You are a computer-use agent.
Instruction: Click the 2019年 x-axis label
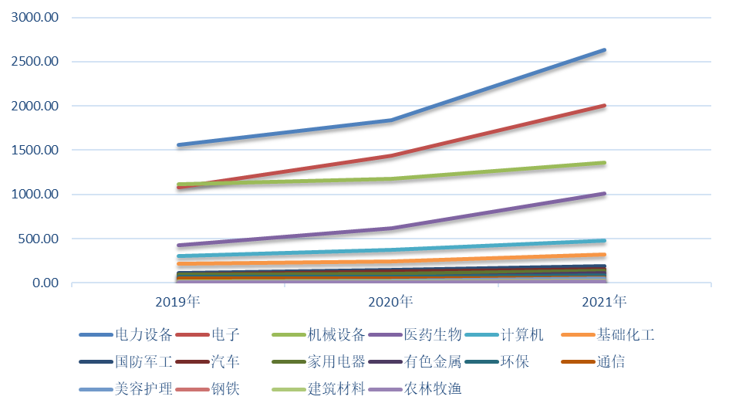coord(178,301)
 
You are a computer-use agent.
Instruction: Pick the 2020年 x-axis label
coord(392,301)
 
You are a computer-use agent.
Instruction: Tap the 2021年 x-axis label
coord(605,301)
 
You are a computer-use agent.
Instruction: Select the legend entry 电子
coord(224,335)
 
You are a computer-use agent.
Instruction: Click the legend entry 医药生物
coord(433,335)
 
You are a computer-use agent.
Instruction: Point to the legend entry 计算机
coord(521,335)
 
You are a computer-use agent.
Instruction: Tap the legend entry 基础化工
coord(625,335)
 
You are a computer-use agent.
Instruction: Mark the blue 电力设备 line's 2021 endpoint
coord(605,49)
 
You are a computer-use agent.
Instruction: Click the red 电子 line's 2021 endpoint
coord(605,105)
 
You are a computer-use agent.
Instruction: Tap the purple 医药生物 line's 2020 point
coord(392,228)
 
